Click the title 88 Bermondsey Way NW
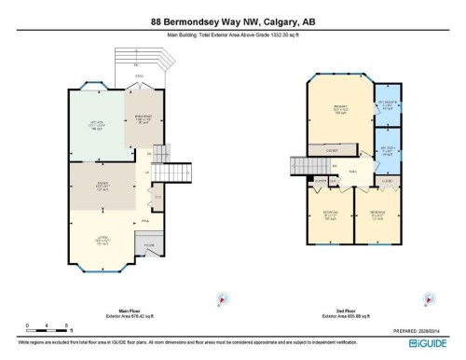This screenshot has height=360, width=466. [232, 21]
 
